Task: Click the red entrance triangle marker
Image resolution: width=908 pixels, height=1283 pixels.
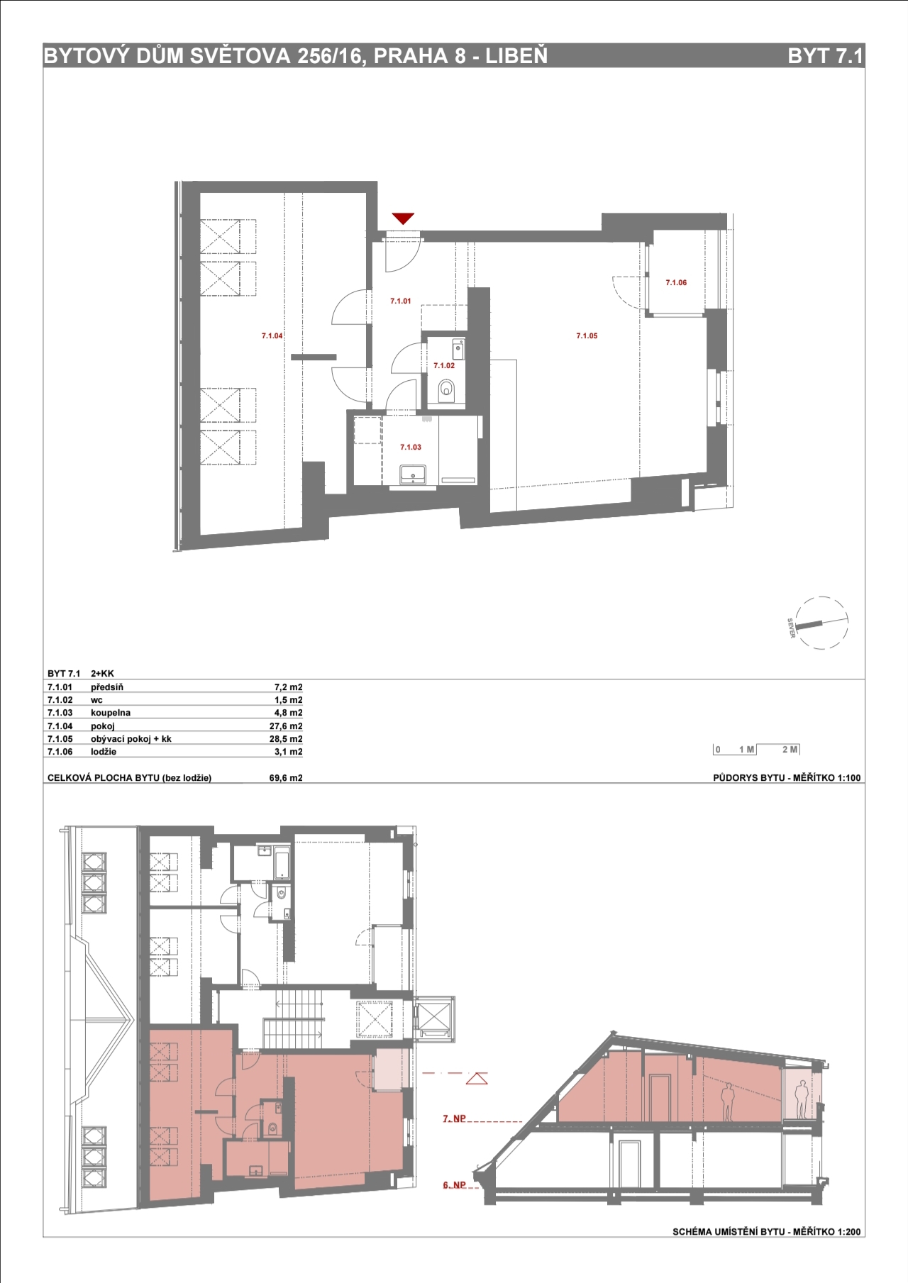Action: (403, 218)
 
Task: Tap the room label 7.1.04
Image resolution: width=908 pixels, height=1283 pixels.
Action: (272, 336)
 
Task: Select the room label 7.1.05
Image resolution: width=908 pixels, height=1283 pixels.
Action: (587, 336)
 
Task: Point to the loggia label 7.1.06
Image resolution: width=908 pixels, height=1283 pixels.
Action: (676, 283)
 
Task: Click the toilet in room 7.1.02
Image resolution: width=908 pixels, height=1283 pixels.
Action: (446, 389)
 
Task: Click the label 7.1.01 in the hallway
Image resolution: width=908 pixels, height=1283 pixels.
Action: (400, 301)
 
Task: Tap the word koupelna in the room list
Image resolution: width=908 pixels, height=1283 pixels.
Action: (111, 713)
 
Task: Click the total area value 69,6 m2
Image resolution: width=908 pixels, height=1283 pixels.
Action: (286, 778)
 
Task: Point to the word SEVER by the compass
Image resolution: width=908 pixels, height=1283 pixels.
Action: (791, 628)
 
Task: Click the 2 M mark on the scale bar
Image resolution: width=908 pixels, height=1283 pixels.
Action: (790, 750)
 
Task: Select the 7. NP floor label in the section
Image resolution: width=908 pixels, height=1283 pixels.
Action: (454, 1118)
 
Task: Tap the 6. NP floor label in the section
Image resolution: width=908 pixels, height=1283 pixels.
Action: (454, 1185)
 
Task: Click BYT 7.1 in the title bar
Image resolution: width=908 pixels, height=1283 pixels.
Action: (825, 56)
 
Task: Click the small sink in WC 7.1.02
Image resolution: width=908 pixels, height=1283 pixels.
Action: (458, 348)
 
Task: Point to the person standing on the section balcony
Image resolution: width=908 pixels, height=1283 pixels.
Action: (802, 1100)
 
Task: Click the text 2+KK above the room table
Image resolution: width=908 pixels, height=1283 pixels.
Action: (102, 674)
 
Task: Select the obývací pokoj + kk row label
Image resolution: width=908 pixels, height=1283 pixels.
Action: (131, 739)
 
